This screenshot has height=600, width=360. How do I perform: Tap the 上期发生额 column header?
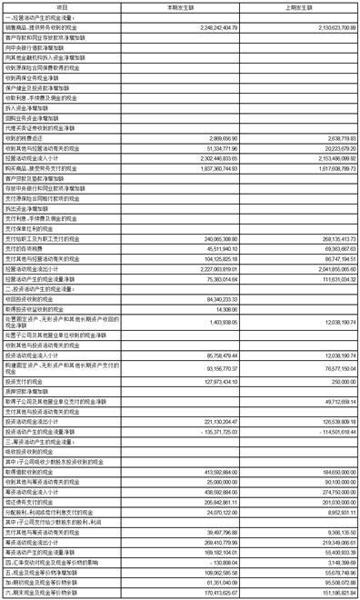[292, 5]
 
